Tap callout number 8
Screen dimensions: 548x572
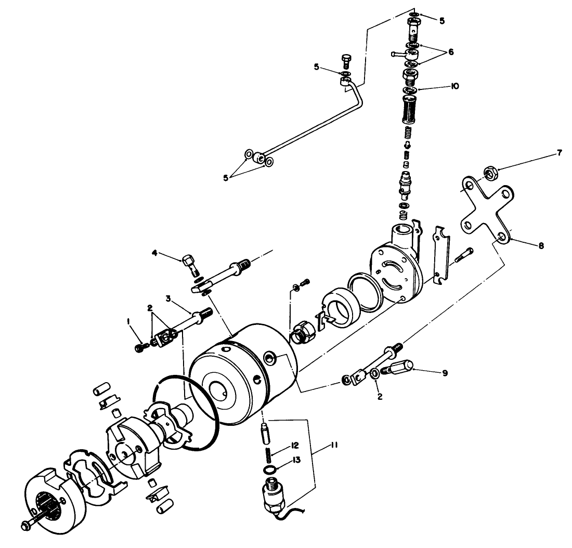[541, 246]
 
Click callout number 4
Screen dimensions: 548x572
[154, 253]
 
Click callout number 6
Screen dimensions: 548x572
[450, 52]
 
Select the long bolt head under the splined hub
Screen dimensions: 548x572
[25, 526]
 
